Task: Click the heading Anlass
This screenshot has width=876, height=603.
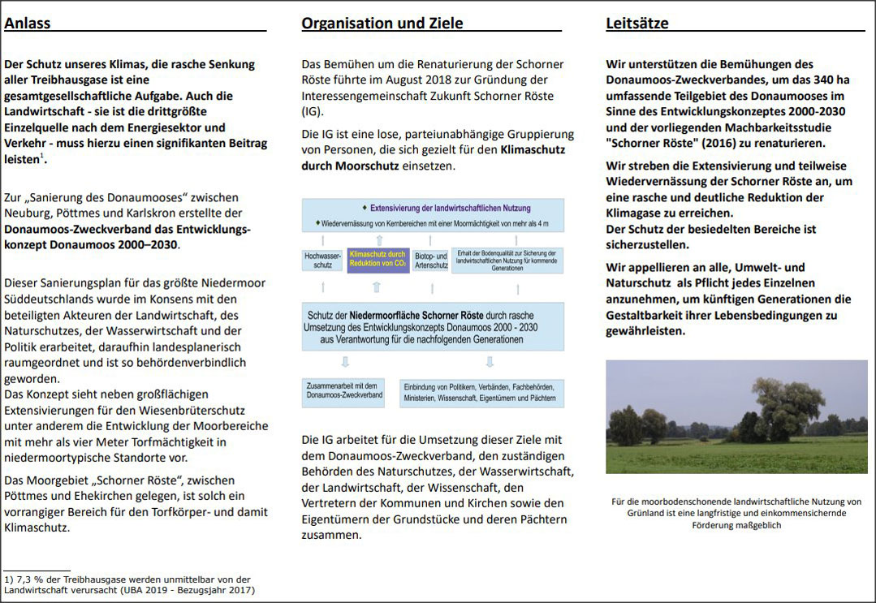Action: (28, 24)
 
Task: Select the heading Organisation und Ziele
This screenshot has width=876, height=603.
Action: (382, 24)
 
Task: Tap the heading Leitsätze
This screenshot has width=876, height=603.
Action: (637, 24)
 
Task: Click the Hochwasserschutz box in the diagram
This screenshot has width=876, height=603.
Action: (321, 260)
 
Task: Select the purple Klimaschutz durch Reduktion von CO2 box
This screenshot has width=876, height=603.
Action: (378, 260)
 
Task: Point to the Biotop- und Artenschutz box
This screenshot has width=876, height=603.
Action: (430, 260)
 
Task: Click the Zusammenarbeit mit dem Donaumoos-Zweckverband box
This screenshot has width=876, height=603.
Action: (343, 390)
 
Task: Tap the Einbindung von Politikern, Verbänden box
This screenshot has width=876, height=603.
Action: (481, 393)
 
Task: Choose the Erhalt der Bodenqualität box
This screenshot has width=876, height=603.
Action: (507, 260)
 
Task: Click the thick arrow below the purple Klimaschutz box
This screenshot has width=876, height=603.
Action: (376, 286)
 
